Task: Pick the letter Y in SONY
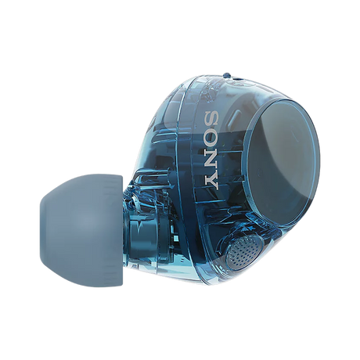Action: click(211, 179)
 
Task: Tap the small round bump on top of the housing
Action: click(228, 75)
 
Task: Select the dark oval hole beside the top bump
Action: click(237, 77)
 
